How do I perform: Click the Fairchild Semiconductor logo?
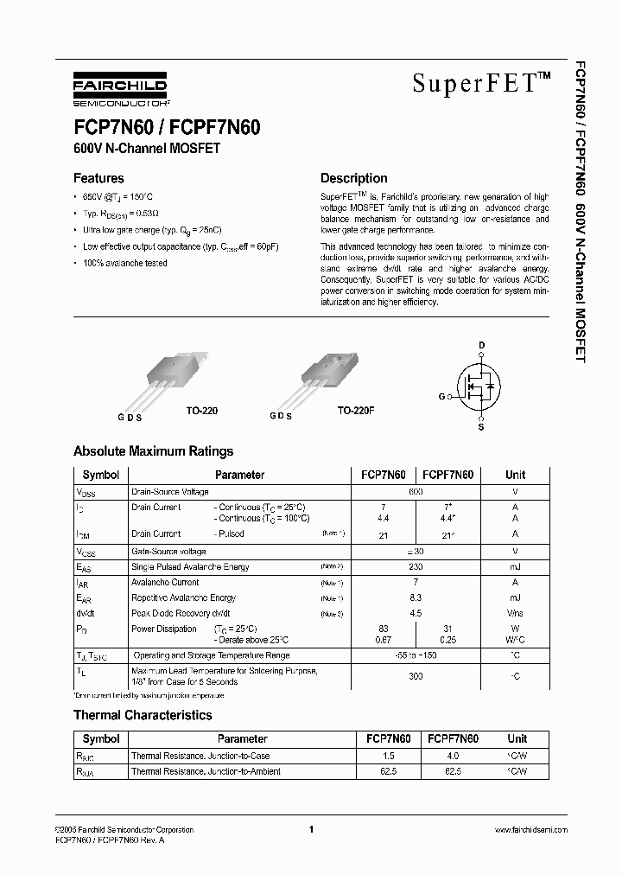pyautogui.click(x=120, y=89)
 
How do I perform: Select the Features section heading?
pyautogui.click(x=98, y=179)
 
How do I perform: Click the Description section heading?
pyautogui.click(x=353, y=179)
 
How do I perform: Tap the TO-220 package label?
pyautogui.click(x=202, y=412)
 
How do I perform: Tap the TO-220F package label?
pyautogui.click(x=355, y=412)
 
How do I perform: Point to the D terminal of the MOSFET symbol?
pyautogui.click(x=481, y=344)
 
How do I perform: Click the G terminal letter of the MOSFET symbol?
pyautogui.click(x=442, y=396)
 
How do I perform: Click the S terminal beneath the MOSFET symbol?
pyautogui.click(x=481, y=427)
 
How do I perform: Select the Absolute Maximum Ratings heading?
pyautogui.click(x=153, y=451)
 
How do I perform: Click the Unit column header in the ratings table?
pyautogui.click(x=515, y=475)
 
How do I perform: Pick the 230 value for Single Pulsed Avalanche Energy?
pyautogui.click(x=416, y=566)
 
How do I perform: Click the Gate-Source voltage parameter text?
pyautogui.click(x=168, y=551)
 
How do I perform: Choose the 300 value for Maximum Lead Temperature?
pyautogui.click(x=416, y=676)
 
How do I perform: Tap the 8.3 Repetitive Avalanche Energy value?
pyautogui.click(x=416, y=597)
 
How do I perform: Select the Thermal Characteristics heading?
pyautogui.click(x=143, y=715)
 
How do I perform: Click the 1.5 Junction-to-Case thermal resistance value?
pyautogui.click(x=388, y=756)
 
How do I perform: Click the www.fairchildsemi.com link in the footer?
pyautogui.click(x=530, y=830)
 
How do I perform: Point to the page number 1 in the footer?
pyautogui.click(x=310, y=830)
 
